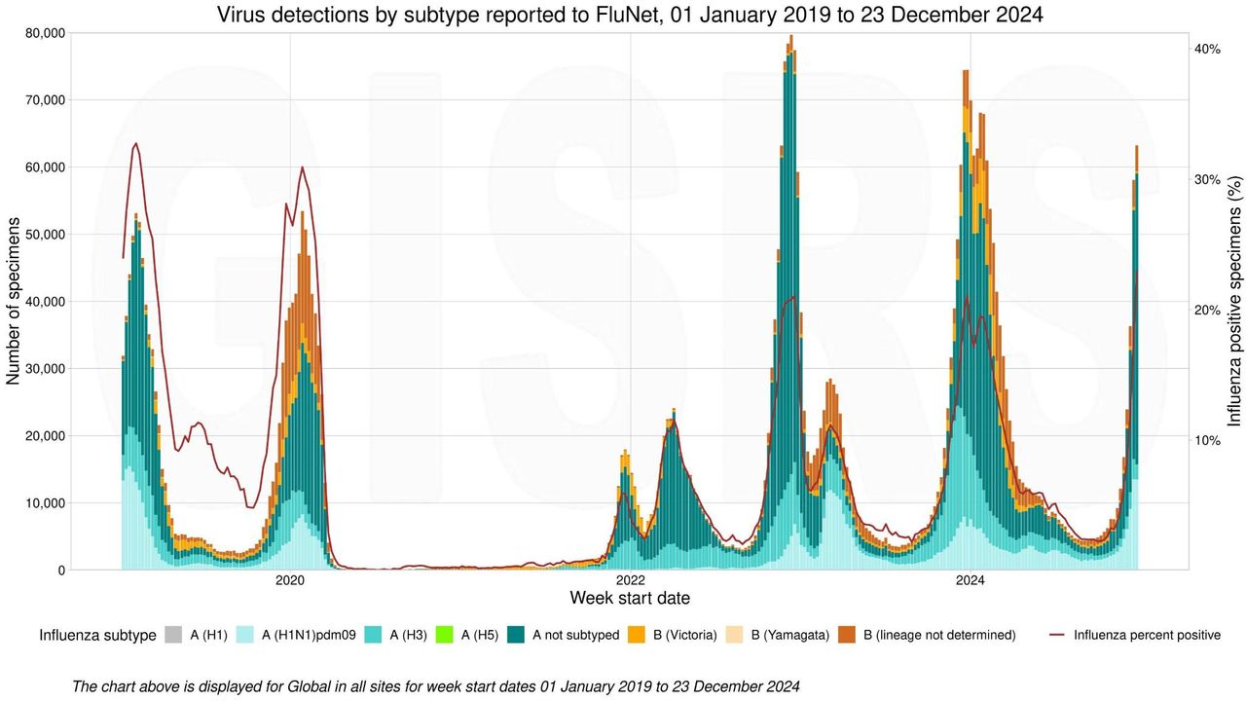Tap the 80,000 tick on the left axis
43,32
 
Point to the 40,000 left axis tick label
43,301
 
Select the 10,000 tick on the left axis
43,502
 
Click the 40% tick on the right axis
1207,49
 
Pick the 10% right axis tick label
1207,440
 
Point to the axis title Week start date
630,598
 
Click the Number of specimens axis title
14,301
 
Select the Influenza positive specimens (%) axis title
1233,301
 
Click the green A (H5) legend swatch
470,636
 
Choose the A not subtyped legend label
575,636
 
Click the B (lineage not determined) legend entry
939,636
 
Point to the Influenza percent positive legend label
1147,636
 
